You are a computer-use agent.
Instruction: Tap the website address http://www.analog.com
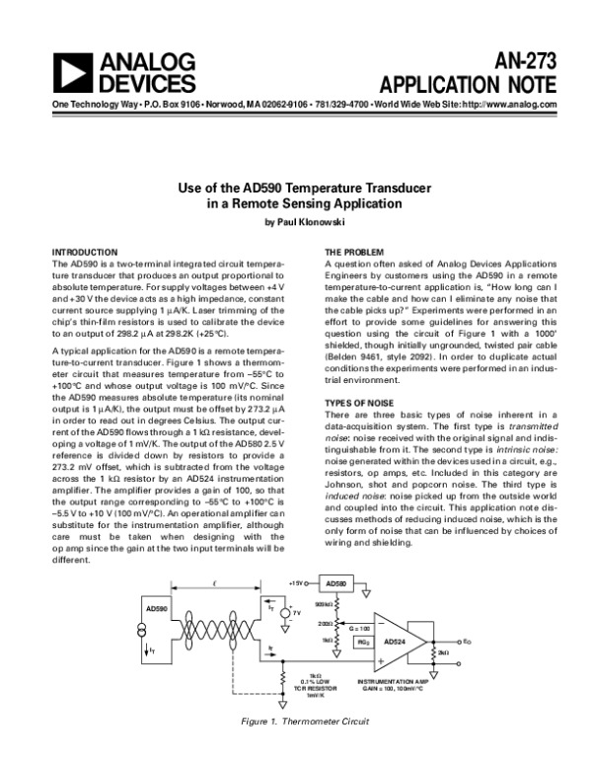click(x=498, y=105)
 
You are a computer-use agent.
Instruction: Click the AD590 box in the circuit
click(x=158, y=607)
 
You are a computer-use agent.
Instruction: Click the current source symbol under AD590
click(x=149, y=635)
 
